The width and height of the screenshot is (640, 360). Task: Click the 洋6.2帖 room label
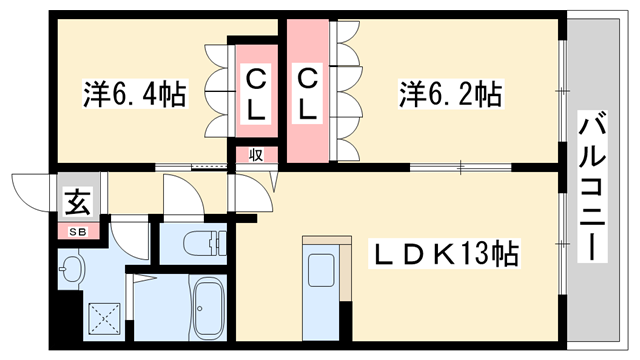click(451, 95)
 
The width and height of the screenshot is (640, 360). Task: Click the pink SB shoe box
click(77, 231)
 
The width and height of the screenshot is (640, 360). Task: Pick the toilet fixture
click(206, 243)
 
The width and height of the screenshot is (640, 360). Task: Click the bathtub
click(209, 308)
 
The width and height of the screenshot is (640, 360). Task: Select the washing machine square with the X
click(100, 319)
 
